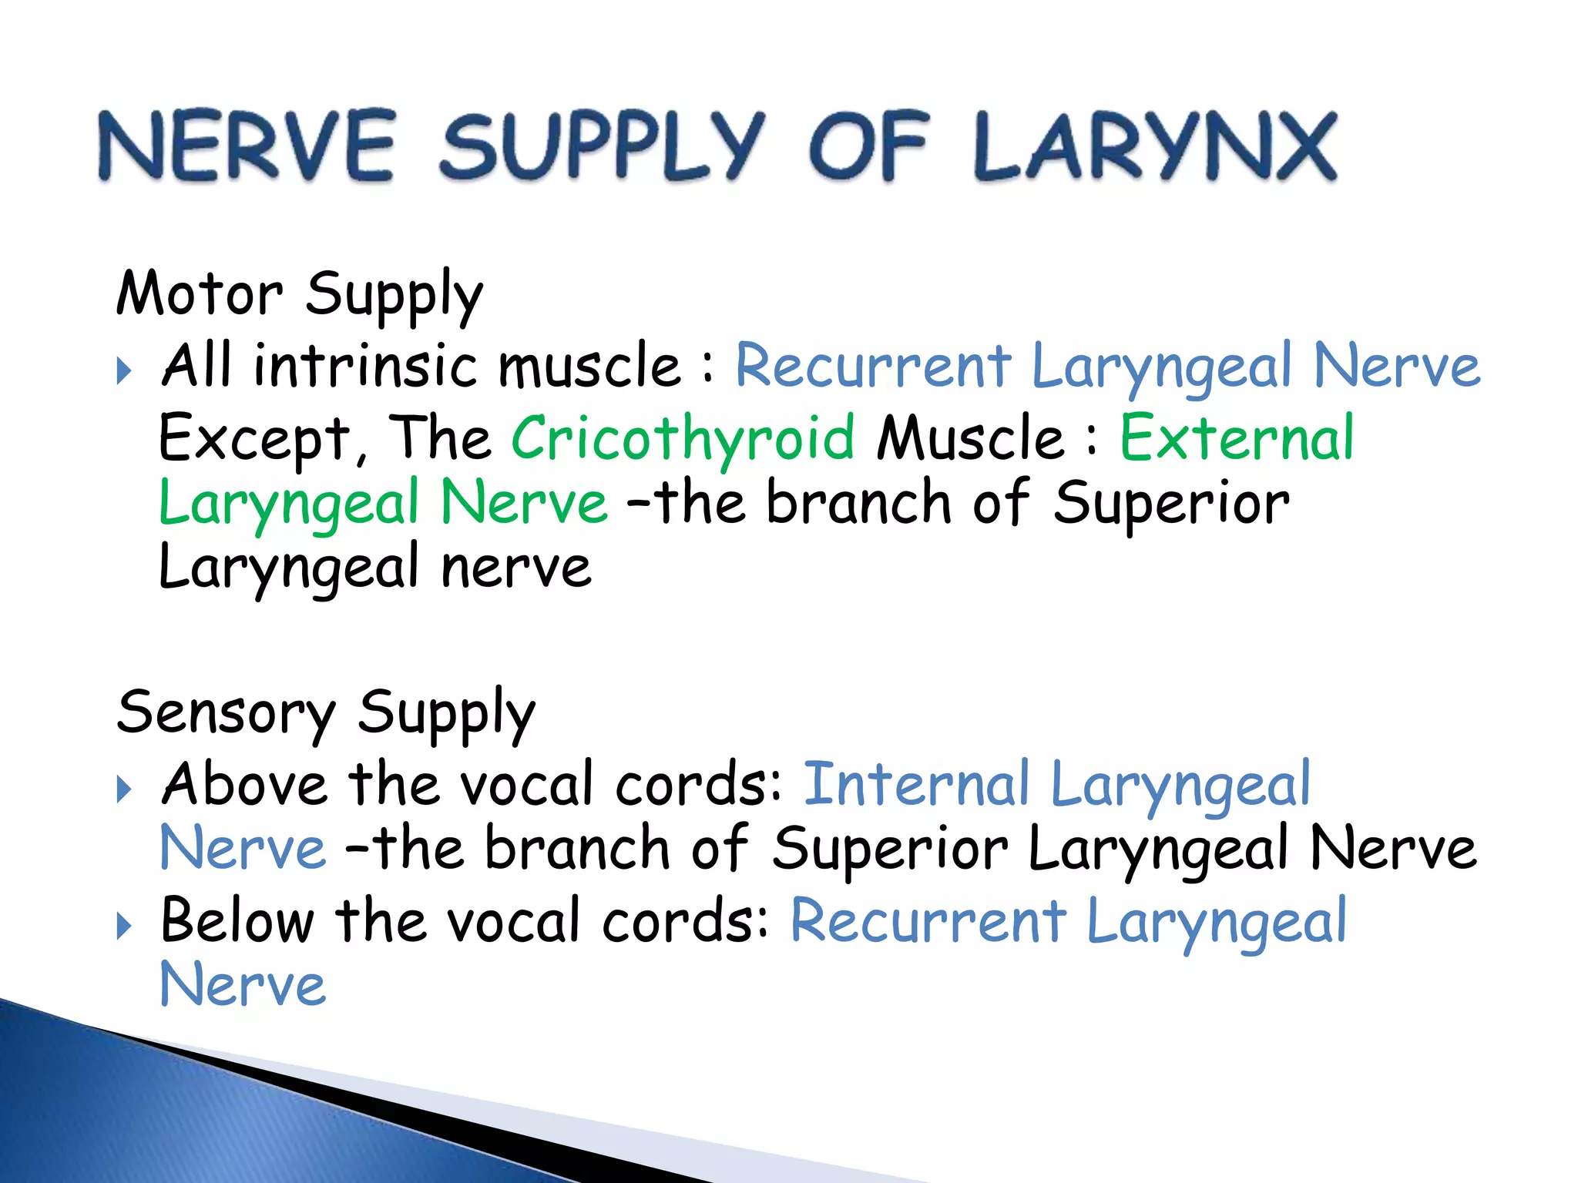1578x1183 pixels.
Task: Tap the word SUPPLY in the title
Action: (x=602, y=146)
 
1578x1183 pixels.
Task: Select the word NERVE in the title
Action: (x=247, y=146)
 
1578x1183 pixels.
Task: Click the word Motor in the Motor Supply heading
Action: (x=200, y=294)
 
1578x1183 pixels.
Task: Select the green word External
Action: (x=1236, y=437)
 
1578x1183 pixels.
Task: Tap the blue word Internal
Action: (x=916, y=784)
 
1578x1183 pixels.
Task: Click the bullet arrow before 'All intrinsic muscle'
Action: (x=124, y=370)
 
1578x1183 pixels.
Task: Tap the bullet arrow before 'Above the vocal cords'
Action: (x=124, y=789)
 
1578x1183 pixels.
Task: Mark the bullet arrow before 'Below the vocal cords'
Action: (x=124, y=926)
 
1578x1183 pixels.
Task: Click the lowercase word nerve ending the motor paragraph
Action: (x=515, y=568)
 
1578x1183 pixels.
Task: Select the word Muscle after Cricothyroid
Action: (x=971, y=437)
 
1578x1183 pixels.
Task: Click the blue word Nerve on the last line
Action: (x=243, y=985)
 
